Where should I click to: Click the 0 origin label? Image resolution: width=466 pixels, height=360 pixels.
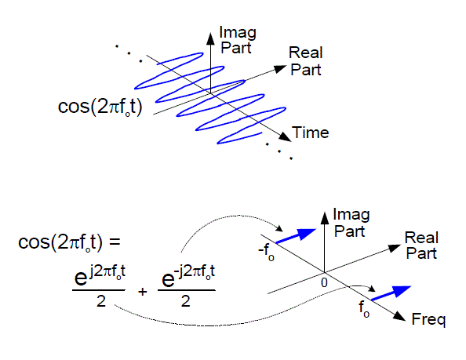click(322, 281)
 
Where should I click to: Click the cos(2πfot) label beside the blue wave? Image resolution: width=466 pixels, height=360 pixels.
click(100, 107)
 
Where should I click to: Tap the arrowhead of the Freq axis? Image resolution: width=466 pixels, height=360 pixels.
click(402, 316)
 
